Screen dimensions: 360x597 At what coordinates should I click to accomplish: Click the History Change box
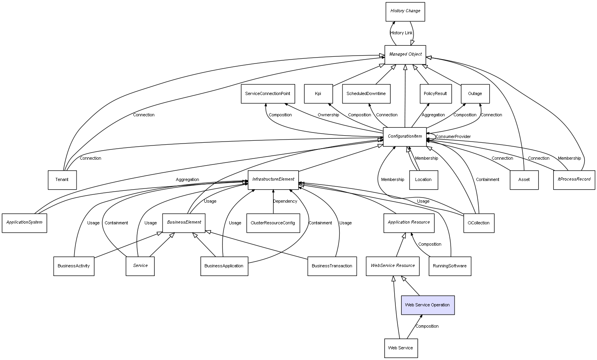click(x=405, y=11)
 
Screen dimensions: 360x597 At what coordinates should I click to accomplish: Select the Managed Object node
click(x=405, y=54)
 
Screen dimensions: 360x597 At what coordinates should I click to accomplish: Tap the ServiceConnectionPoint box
click(x=268, y=94)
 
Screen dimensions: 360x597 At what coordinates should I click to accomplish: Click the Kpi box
click(x=318, y=94)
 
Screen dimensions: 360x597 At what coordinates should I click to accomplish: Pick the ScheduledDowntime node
click(x=366, y=94)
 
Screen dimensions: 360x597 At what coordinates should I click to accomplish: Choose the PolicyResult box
click(x=435, y=94)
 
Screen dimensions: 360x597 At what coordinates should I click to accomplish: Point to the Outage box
click(x=475, y=94)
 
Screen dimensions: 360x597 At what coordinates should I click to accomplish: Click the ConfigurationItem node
click(x=405, y=136)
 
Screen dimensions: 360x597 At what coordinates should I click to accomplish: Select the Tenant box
click(x=62, y=180)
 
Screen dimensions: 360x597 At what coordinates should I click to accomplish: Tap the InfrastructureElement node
click(x=273, y=180)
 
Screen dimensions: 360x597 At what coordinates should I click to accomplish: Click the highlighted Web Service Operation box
click(x=428, y=305)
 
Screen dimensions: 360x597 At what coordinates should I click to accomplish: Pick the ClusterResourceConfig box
click(x=273, y=223)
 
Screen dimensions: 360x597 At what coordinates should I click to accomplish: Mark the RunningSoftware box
click(x=449, y=266)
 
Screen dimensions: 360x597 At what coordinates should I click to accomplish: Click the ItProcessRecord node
click(x=574, y=180)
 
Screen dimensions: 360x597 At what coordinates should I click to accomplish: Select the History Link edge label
click(x=401, y=33)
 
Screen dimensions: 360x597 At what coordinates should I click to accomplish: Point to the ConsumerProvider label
click(x=453, y=137)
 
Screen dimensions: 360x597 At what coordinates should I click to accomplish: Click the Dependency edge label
click(x=285, y=201)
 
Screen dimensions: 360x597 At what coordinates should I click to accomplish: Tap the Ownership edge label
click(x=328, y=115)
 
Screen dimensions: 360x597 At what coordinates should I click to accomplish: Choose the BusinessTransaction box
click(x=332, y=266)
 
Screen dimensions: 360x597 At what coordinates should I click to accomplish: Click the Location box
click(x=423, y=180)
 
